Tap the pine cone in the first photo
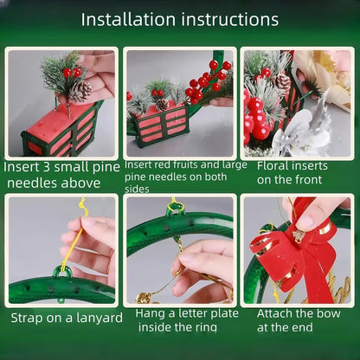(80, 90)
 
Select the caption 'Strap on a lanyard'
(67, 318)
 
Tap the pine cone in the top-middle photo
(162, 105)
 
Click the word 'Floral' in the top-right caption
(274, 164)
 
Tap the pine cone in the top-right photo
(281, 82)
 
